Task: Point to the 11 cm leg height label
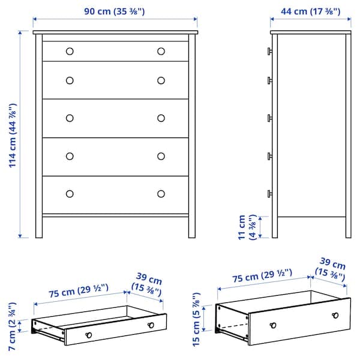tap(247, 227)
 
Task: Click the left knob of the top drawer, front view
tap(70, 51)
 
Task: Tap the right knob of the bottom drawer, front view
tap(161, 193)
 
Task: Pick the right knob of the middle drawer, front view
tap(161, 118)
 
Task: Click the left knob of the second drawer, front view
tap(70, 80)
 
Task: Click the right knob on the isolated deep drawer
tap(334, 316)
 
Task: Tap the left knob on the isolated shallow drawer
tap(89, 334)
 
